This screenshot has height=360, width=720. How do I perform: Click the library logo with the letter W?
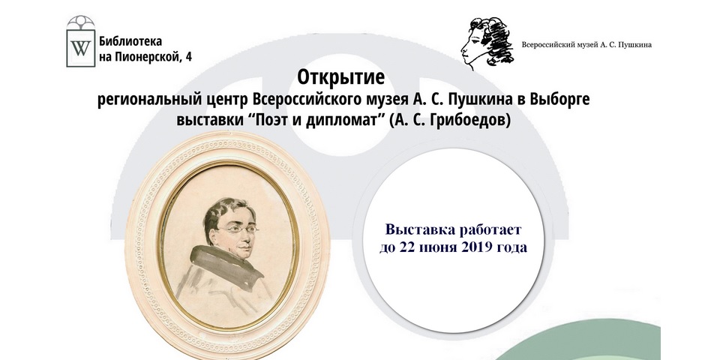pyautogui.click(x=81, y=41)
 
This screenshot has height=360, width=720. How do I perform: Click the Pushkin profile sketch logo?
pyautogui.click(x=487, y=43)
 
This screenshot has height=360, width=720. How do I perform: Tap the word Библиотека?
pyautogui.click(x=130, y=41)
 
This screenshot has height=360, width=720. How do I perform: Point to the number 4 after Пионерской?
pyautogui.click(x=189, y=56)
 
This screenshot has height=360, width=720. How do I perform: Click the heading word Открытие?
pyautogui.click(x=340, y=77)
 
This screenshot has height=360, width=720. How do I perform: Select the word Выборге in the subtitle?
pyautogui.click(x=559, y=100)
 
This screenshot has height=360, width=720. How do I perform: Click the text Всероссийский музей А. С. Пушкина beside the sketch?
pyautogui.click(x=586, y=44)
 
